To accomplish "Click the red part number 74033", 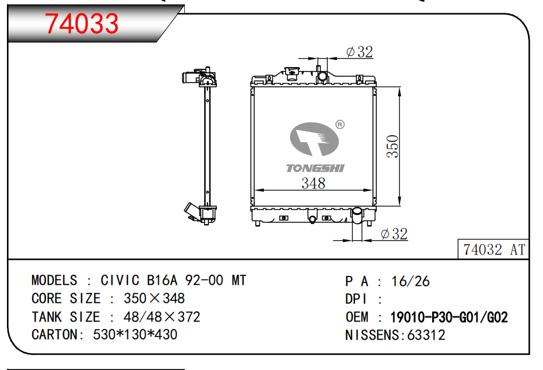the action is (82, 23).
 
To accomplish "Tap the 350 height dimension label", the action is (393, 146).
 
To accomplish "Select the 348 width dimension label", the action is (313, 183).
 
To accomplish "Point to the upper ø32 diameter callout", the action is (360, 52).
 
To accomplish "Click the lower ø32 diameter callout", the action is (394, 234).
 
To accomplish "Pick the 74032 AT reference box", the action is (493, 249).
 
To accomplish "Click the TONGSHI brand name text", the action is (315, 168).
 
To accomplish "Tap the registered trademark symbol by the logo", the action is (340, 124).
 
